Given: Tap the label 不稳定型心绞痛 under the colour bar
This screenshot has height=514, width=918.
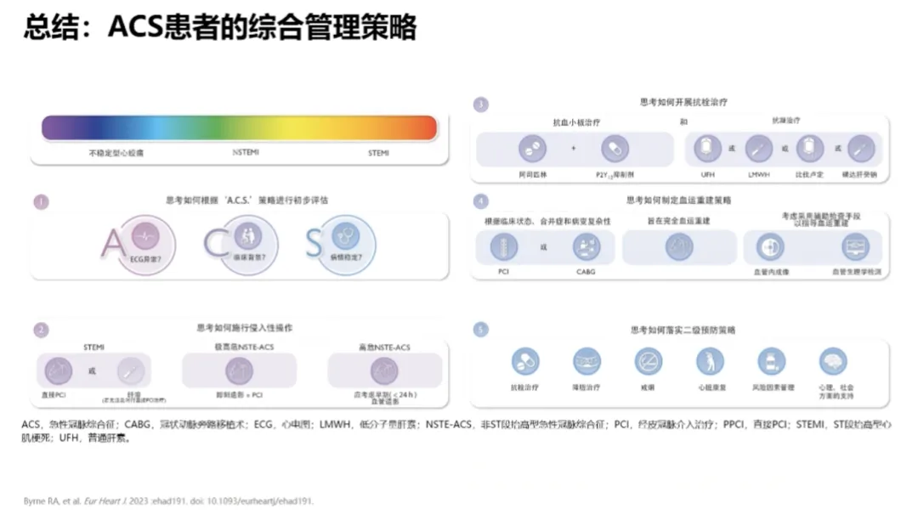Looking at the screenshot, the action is pyautogui.click(x=116, y=153).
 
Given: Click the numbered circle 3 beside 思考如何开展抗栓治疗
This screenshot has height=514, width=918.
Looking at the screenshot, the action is pyautogui.click(x=481, y=104).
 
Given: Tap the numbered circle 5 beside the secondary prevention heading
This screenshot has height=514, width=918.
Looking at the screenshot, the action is pyautogui.click(x=481, y=330).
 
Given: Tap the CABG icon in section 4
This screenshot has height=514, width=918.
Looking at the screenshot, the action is pyautogui.click(x=587, y=247).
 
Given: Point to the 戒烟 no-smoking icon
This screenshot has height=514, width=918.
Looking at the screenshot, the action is pyautogui.click(x=649, y=362).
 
